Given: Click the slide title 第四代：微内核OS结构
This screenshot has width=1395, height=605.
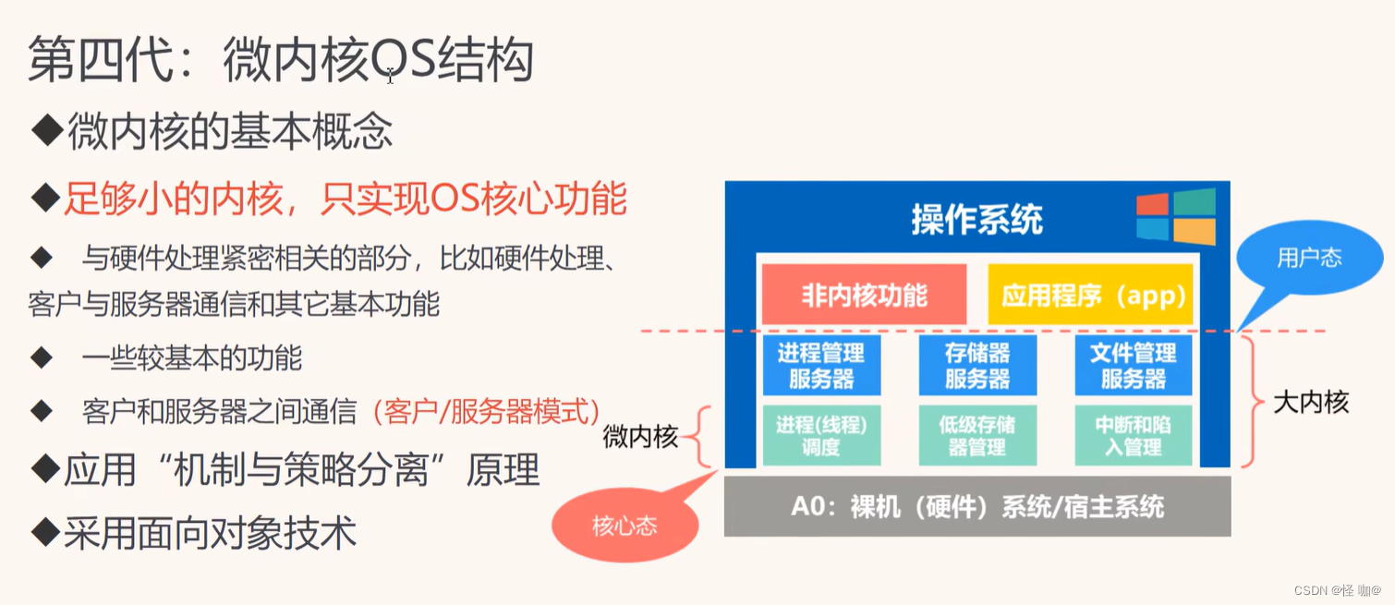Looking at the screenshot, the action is point(282,62).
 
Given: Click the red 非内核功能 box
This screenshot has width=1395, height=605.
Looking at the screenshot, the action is point(864,295).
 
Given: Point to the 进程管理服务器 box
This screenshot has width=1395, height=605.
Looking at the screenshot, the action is point(820,366).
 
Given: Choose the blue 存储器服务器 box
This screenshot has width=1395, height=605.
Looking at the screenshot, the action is point(977,366).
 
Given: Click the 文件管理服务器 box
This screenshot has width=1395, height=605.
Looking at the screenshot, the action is point(1133,366).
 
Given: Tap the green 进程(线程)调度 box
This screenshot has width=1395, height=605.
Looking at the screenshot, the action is point(820,436).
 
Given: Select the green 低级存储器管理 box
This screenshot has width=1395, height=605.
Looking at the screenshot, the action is point(977,436).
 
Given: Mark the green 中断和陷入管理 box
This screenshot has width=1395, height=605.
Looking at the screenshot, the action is point(1133,436).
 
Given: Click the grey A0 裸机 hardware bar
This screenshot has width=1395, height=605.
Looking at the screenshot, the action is point(977,506).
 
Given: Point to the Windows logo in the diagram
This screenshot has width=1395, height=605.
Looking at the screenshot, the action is point(1175,216).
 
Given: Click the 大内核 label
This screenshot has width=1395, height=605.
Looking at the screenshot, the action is point(1311,402).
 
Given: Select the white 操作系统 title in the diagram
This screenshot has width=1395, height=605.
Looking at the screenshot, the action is point(977,220).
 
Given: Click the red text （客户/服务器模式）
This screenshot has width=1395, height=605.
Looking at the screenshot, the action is point(486,411).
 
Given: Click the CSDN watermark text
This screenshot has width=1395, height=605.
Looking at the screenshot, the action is point(1337,590).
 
